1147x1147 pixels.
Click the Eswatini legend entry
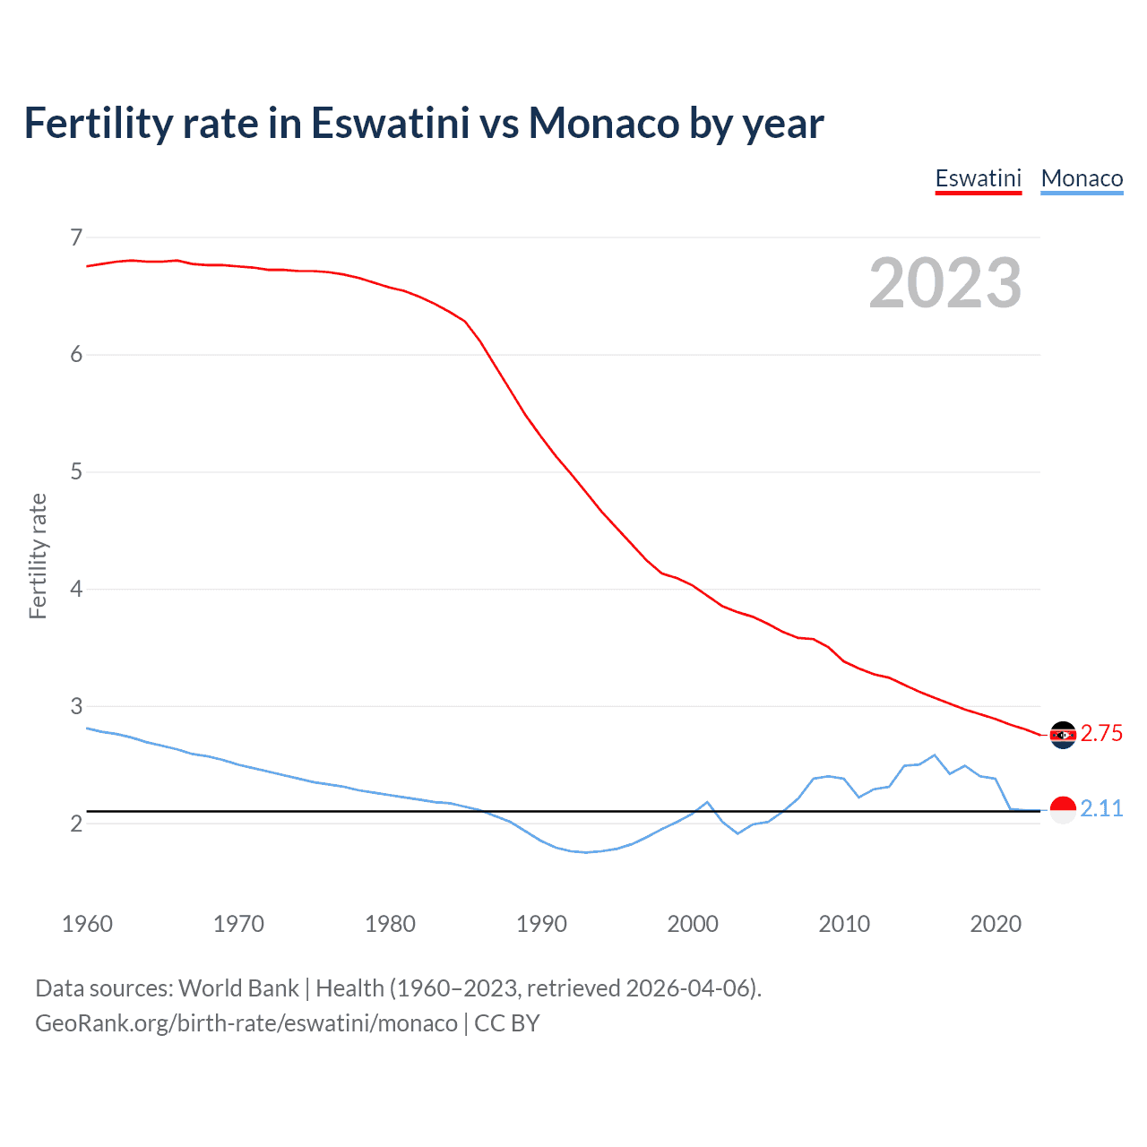pyautogui.click(x=978, y=178)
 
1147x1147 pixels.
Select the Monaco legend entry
pyautogui.click(x=1082, y=178)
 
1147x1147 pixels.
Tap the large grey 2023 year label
pyautogui.click(x=944, y=283)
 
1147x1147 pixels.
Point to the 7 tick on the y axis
pyautogui.click(x=76, y=237)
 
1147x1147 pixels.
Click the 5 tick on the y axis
pyautogui.click(x=76, y=471)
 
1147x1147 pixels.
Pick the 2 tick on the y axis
pyautogui.click(x=76, y=823)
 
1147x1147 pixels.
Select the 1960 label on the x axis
pyautogui.click(x=87, y=924)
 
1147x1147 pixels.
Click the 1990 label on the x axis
pyautogui.click(x=541, y=924)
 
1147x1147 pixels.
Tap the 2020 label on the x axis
pyautogui.click(x=996, y=924)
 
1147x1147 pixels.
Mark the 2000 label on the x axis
pyautogui.click(x=693, y=924)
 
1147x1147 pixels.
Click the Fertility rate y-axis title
pyautogui.click(x=38, y=556)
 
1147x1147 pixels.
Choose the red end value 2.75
pyautogui.click(x=1101, y=733)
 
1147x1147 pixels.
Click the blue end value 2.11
pyautogui.click(x=1101, y=808)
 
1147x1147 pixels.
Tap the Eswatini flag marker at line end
pyautogui.click(x=1063, y=735)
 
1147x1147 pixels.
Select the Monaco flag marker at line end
pyautogui.click(x=1063, y=809)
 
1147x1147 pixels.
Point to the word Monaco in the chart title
pyautogui.click(x=604, y=123)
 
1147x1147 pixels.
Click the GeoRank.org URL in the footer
pyautogui.click(x=246, y=1022)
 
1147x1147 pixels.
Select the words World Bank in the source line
pyautogui.click(x=238, y=987)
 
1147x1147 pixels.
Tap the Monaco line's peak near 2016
pyautogui.click(x=935, y=755)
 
